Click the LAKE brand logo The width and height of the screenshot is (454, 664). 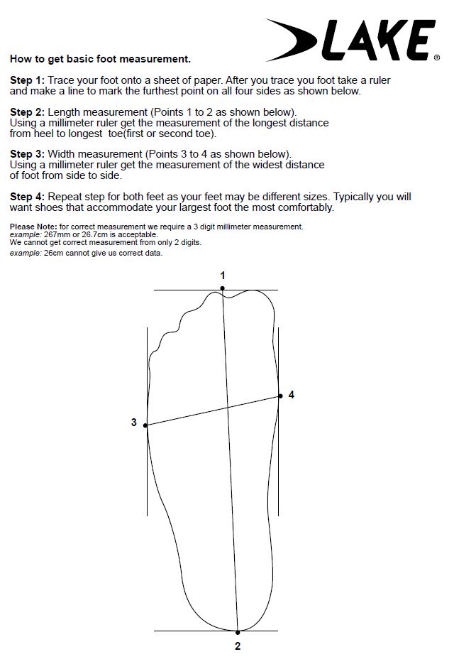pyautogui.click(x=350, y=40)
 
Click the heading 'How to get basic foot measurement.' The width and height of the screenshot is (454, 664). pyautogui.click(x=100, y=59)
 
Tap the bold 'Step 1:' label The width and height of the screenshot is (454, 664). pyautogui.click(x=27, y=80)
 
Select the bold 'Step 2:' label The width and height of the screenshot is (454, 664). pyautogui.click(x=27, y=112)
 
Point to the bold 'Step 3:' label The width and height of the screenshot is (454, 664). pyautogui.click(x=27, y=154)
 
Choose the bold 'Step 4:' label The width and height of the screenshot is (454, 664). pyautogui.click(x=27, y=197)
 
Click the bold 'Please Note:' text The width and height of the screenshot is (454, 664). pyautogui.click(x=33, y=227)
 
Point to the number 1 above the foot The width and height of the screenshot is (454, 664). pyautogui.click(x=223, y=276)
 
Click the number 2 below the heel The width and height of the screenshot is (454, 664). pyautogui.click(x=238, y=646)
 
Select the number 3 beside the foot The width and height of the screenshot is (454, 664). pyautogui.click(x=133, y=423)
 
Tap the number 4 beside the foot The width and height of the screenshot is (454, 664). pyautogui.click(x=291, y=395)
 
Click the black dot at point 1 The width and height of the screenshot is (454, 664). pyautogui.click(x=223, y=288)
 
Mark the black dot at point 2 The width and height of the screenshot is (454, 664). pyautogui.click(x=238, y=632)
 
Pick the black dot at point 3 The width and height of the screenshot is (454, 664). pyautogui.click(x=145, y=425)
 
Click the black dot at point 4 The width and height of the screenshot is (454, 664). pyautogui.click(x=280, y=396)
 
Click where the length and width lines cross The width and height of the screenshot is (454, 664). pyautogui.click(x=228, y=408)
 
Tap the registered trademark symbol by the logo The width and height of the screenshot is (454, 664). pyautogui.click(x=437, y=58)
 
